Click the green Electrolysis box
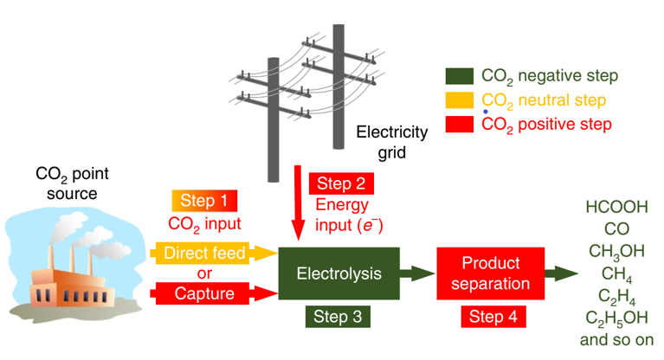[x=338, y=273]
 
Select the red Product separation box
[x=490, y=273]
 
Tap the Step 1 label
[x=204, y=201]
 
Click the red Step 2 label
[x=341, y=183]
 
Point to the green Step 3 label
[x=338, y=317]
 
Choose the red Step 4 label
[x=493, y=317]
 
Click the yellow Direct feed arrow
[x=214, y=254]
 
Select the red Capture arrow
[x=214, y=293]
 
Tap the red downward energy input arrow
[x=298, y=203]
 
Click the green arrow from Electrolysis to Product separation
[x=417, y=273]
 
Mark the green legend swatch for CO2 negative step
[x=460, y=76]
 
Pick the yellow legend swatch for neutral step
[x=460, y=100]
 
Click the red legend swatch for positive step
[x=460, y=125]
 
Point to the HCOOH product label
[x=616, y=207]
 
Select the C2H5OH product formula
[x=616, y=318]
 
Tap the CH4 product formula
[x=616, y=274]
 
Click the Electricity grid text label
[x=392, y=142]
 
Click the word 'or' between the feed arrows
[x=204, y=273]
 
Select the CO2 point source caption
[x=73, y=183]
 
